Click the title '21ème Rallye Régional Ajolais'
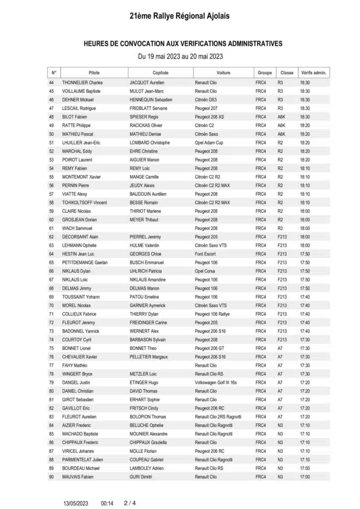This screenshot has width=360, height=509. pos(180,16)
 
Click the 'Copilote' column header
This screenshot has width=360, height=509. pos(160,73)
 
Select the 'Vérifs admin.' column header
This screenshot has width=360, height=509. pos(313,73)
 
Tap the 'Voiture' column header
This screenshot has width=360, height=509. pos(223,73)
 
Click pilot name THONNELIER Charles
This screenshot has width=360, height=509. pos(82,83)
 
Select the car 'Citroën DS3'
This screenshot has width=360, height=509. pos(206,100)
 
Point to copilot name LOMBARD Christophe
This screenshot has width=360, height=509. pos(150,143)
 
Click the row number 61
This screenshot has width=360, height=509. pos(51,228)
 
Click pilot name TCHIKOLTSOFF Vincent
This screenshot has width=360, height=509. pos(86,203)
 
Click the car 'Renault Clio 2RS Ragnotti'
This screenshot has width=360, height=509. pos(218,417)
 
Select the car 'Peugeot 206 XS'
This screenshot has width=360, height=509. pos(209,117)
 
